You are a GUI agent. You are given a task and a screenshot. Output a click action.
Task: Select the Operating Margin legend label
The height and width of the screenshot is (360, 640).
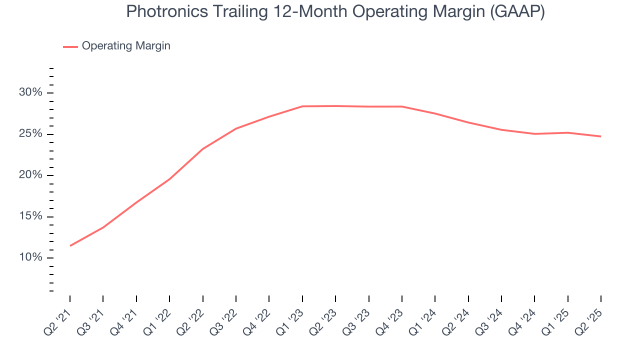(126, 46)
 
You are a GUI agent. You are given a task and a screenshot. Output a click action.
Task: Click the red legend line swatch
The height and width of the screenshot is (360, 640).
(70, 46)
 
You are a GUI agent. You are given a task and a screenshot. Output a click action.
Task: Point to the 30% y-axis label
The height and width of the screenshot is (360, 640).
(31, 93)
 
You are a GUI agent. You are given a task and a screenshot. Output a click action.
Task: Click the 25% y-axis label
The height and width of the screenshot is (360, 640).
(31, 134)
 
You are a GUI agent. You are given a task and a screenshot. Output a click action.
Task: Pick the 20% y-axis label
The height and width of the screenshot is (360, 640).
(31, 175)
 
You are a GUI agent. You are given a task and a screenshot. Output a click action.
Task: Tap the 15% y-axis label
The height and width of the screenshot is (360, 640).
(31, 217)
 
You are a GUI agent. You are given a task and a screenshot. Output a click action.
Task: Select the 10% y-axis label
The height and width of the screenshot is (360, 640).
(31, 258)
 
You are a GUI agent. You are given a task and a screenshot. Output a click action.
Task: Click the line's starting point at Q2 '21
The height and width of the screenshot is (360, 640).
(70, 245)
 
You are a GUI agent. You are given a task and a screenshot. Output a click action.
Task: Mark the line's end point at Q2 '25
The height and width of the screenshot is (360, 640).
(600, 136)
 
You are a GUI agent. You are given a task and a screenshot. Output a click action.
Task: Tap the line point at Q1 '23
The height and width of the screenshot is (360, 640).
(302, 106)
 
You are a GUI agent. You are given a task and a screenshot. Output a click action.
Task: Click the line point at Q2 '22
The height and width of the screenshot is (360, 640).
(203, 149)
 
